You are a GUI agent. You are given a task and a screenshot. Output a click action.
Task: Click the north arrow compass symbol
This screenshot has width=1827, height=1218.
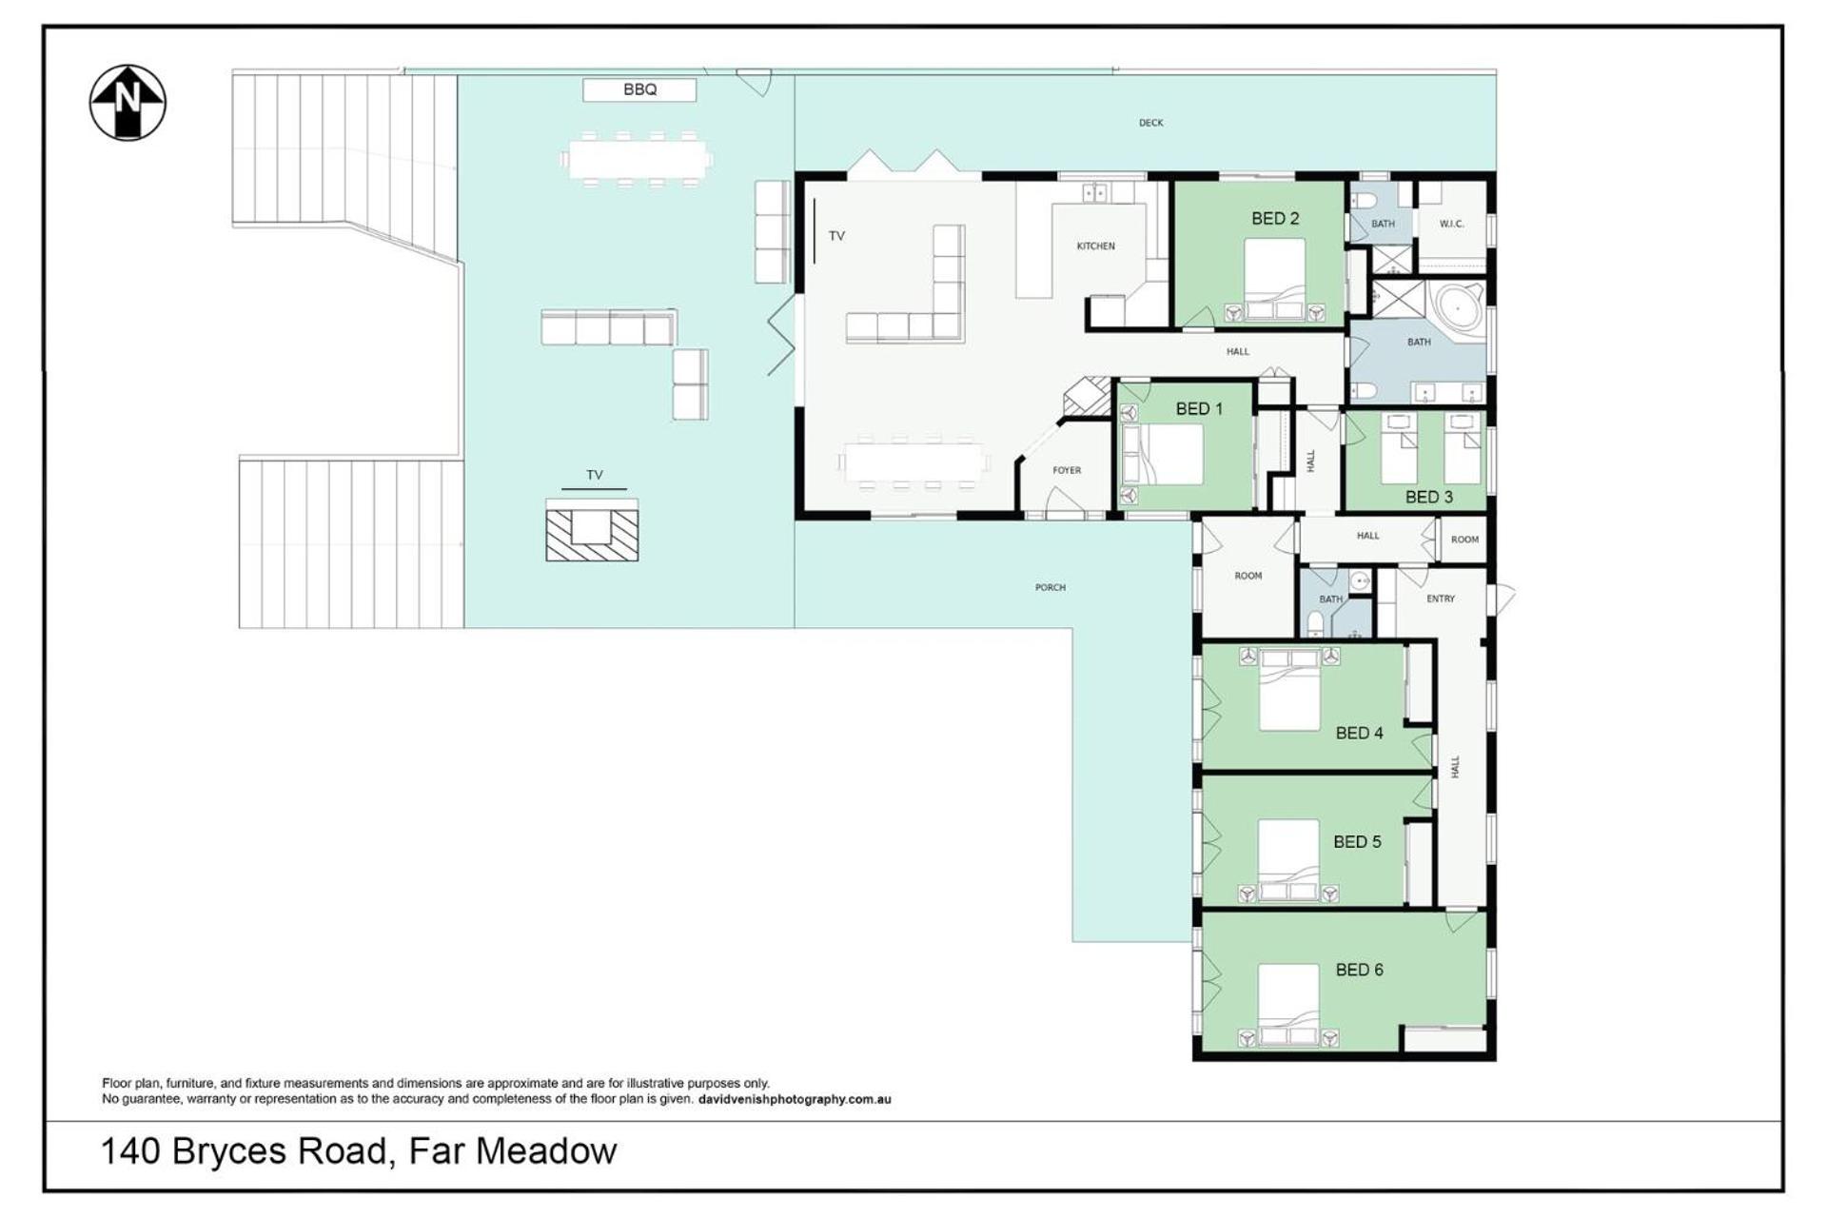(x=128, y=103)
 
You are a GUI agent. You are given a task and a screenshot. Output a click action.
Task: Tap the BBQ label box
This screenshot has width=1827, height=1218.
(x=639, y=89)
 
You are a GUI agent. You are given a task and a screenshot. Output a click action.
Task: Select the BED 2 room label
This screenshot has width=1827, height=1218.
(x=1275, y=219)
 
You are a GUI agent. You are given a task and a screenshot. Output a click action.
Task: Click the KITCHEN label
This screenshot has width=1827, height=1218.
(x=1095, y=246)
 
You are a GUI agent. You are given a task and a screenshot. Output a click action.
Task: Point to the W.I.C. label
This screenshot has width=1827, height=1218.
(x=1451, y=225)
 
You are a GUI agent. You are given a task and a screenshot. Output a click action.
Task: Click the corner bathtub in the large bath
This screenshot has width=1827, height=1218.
(x=1459, y=307)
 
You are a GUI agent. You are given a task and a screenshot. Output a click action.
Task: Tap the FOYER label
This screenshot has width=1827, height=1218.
(x=1067, y=470)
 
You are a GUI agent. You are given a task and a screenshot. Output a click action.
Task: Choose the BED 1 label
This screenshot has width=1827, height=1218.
(x=1199, y=409)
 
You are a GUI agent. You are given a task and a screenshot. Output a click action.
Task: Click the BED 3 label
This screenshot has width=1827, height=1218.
(x=1429, y=497)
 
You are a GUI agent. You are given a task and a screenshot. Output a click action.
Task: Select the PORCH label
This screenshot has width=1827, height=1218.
(x=1051, y=588)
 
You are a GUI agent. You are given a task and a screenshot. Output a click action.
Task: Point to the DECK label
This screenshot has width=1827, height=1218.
(x=1151, y=123)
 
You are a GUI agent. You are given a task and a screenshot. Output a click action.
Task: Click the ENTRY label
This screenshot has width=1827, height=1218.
(x=1441, y=599)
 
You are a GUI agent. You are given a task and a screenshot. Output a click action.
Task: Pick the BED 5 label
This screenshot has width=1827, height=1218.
(x=1357, y=842)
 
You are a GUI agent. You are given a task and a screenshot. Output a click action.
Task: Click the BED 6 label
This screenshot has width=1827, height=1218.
(x=1359, y=970)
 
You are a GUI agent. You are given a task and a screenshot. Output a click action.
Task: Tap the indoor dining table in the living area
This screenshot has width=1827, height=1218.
(x=913, y=463)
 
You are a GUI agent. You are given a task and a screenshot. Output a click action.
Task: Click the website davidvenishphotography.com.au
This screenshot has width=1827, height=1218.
(x=795, y=1099)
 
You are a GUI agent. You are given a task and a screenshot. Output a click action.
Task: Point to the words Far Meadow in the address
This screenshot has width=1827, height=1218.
(x=513, y=1151)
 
